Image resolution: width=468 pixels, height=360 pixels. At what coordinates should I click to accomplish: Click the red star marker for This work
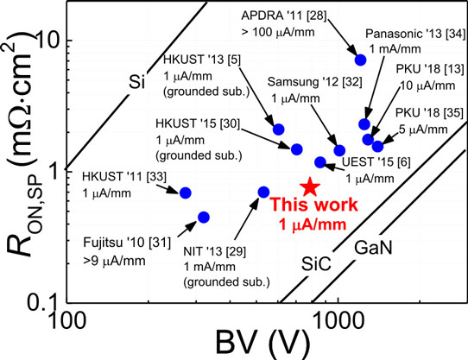click(310, 187)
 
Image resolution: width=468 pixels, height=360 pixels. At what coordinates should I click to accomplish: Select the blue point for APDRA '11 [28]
click(360, 60)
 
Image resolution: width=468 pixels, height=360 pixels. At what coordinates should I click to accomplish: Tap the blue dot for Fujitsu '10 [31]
click(204, 218)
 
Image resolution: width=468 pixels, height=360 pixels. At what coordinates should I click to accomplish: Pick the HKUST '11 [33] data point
click(186, 193)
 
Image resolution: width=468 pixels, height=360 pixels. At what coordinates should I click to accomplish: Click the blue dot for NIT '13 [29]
click(263, 193)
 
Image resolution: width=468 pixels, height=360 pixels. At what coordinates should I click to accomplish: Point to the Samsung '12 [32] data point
click(339, 151)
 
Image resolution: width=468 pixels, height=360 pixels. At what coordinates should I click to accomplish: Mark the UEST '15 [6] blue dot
click(320, 162)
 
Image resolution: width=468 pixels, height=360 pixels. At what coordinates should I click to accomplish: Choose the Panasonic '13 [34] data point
click(364, 124)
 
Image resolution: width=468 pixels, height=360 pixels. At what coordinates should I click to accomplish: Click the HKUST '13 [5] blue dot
click(279, 129)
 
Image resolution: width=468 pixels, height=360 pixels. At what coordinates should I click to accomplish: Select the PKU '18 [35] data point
click(377, 146)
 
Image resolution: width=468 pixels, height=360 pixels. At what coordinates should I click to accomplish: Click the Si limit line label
click(136, 81)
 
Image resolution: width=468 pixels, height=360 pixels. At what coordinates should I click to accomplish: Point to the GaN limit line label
click(373, 248)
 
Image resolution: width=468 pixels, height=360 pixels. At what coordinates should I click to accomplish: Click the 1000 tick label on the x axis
click(338, 321)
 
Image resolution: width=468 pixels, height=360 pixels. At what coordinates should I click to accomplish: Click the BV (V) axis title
click(262, 345)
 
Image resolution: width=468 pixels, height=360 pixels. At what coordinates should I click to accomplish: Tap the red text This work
click(314, 205)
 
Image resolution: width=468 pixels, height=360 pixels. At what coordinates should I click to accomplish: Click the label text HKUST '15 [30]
click(198, 123)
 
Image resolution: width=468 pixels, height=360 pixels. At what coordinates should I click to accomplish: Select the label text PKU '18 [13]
click(430, 69)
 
